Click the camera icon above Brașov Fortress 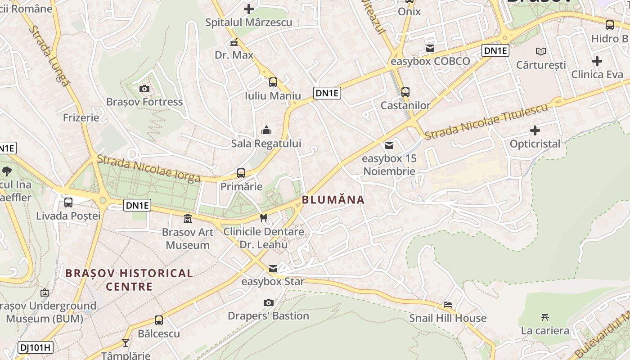pyautogui.click(x=144, y=89)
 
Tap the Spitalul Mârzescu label pyautogui.click(x=249, y=22)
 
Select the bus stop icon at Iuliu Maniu pyautogui.click(x=273, y=82)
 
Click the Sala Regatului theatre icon pyautogui.click(x=266, y=130)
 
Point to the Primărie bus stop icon pyautogui.click(x=241, y=173)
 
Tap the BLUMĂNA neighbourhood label pyautogui.click(x=333, y=200)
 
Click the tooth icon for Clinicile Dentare pyautogui.click(x=264, y=218)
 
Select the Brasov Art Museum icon pyautogui.click(x=188, y=219)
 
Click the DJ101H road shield pyautogui.click(x=36, y=347)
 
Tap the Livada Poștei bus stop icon pyautogui.click(x=68, y=202)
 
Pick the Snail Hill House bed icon pyautogui.click(x=448, y=305)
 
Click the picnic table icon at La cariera pyautogui.click(x=545, y=317)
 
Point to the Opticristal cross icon pyautogui.click(x=535, y=130)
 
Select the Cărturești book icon pyautogui.click(x=541, y=51)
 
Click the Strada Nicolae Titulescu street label pyautogui.click(x=486, y=121)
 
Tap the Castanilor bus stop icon pyautogui.click(x=405, y=92)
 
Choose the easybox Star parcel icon pyautogui.click(x=273, y=269)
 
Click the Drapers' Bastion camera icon pyautogui.click(x=269, y=302)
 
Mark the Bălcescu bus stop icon pyautogui.click(x=159, y=320)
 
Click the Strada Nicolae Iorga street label pyautogui.click(x=148, y=168)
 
